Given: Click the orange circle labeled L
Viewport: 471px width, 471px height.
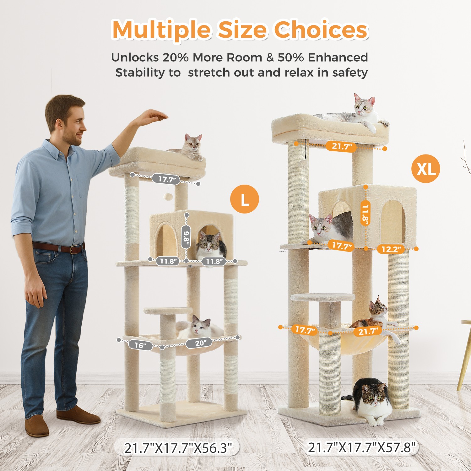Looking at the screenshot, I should [x=245, y=199].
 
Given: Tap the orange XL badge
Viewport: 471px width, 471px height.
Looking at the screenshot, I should [x=425, y=169].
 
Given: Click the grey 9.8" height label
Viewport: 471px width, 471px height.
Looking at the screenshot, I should [x=186, y=236].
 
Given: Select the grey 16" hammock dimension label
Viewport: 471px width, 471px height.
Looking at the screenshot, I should [x=140, y=345].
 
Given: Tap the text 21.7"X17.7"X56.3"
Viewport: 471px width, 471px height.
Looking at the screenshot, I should [x=177, y=447].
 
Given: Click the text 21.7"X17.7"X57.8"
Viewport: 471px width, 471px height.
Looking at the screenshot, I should [x=362, y=447].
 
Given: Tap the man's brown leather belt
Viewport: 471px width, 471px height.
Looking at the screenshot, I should [x=60, y=247].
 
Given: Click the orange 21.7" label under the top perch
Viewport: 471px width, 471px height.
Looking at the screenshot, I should [x=340, y=146].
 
